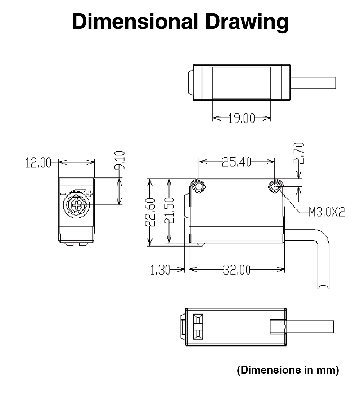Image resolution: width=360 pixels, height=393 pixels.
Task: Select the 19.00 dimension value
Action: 241,118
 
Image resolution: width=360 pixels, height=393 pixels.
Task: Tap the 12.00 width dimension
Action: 38,163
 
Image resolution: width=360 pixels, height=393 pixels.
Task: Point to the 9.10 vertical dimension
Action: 121,161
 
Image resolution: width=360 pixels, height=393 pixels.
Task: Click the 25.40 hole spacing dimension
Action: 236,162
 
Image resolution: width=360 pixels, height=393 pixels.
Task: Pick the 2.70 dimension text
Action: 300,153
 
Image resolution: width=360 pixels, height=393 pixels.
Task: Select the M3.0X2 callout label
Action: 327,212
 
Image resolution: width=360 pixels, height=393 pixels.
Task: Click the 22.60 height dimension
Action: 150,212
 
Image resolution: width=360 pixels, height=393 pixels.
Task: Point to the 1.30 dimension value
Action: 160,270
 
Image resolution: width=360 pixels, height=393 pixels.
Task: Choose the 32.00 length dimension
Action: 236,270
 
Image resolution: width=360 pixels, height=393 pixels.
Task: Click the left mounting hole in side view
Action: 198,186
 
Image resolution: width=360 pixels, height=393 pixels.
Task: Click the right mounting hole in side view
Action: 275,186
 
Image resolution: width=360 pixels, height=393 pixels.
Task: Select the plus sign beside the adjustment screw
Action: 90,194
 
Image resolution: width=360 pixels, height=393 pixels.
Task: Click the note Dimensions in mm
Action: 288,370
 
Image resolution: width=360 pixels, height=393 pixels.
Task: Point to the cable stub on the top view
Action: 313,82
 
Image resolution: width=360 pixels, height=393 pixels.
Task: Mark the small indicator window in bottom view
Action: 198,326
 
